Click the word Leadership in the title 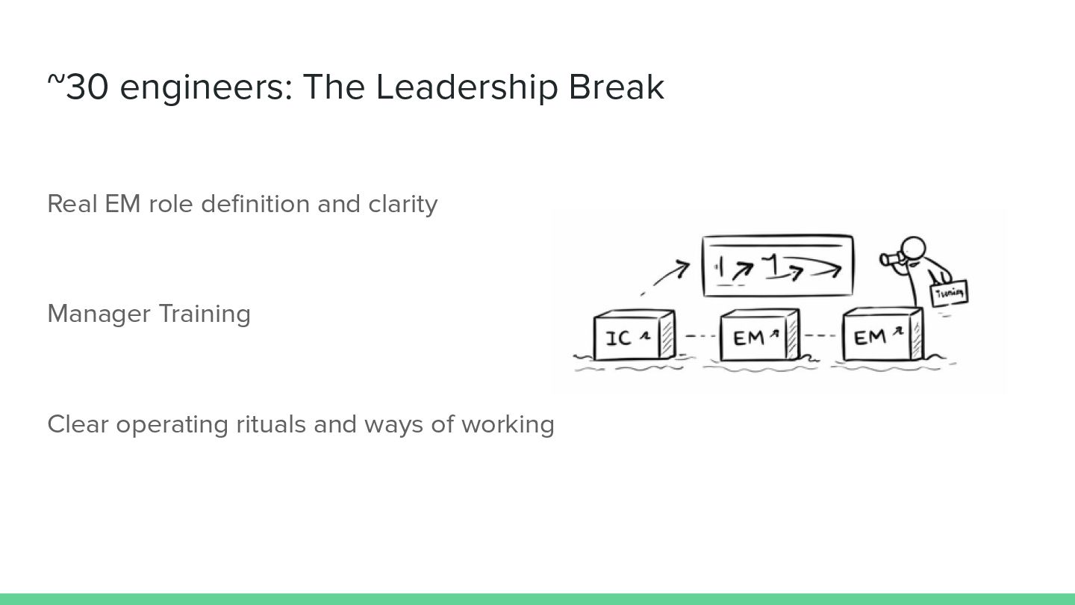pos(467,87)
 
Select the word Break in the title pos(616,87)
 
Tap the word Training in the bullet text pos(204,314)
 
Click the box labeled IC pos(633,337)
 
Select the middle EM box pos(758,337)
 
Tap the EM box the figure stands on pos(882,336)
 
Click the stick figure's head pos(913,248)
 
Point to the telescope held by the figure pos(890,259)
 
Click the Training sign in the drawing pos(949,293)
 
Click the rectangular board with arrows pos(777,266)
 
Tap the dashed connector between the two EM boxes pos(820,335)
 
